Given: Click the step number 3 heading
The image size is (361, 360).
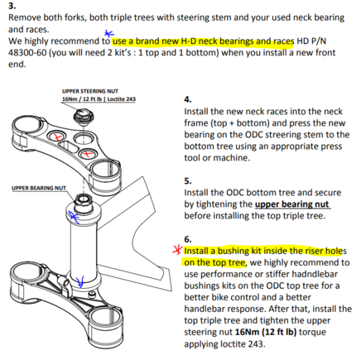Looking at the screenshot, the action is (12, 6).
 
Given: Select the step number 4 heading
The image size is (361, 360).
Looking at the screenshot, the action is (188, 99).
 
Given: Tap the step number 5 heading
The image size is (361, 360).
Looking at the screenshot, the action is (188, 181).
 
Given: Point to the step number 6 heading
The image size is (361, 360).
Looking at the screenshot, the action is (188, 239).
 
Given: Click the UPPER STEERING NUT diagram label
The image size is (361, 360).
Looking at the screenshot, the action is (90, 91).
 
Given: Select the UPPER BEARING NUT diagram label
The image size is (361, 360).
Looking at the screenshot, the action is (39, 188).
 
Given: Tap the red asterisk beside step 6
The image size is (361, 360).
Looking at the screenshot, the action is (177, 250).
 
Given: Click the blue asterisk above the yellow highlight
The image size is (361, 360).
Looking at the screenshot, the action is (108, 34).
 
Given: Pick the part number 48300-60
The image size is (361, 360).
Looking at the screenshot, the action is (27, 52).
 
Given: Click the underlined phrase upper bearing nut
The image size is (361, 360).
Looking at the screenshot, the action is (292, 204).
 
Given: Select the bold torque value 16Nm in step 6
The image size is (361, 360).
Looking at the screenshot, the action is (247, 332).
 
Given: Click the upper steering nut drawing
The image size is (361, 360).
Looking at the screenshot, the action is (82, 116).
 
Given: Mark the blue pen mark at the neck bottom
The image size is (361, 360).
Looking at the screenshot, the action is (80, 281).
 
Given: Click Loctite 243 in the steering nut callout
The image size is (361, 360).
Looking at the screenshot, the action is (122, 99).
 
